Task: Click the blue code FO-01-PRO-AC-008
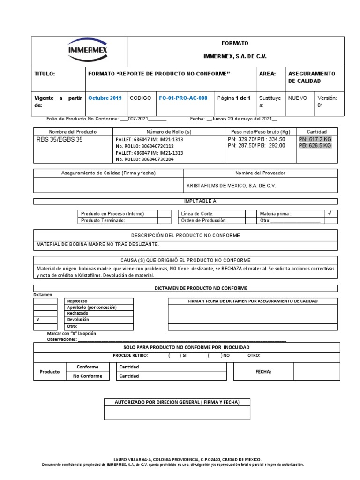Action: tap(183, 98)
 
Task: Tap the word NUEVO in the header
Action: tap(298, 98)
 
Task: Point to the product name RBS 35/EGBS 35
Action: tap(60, 139)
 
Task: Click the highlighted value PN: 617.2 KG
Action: tap(315, 139)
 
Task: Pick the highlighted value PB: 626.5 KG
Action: tap(315, 146)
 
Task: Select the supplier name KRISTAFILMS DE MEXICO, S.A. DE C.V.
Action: tap(231, 185)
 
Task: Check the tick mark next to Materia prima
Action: tap(330, 213)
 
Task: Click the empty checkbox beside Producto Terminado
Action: tap(164, 220)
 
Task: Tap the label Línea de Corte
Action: tap(197, 213)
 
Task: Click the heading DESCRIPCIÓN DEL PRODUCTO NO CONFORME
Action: tap(185, 235)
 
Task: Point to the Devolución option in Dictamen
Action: tap(78, 320)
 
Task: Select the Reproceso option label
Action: tap(77, 301)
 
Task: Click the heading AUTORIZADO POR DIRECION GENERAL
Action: tap(177, 403)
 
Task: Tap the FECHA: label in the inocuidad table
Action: tap(263, 371)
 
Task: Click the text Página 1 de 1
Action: tap(234, 98)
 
